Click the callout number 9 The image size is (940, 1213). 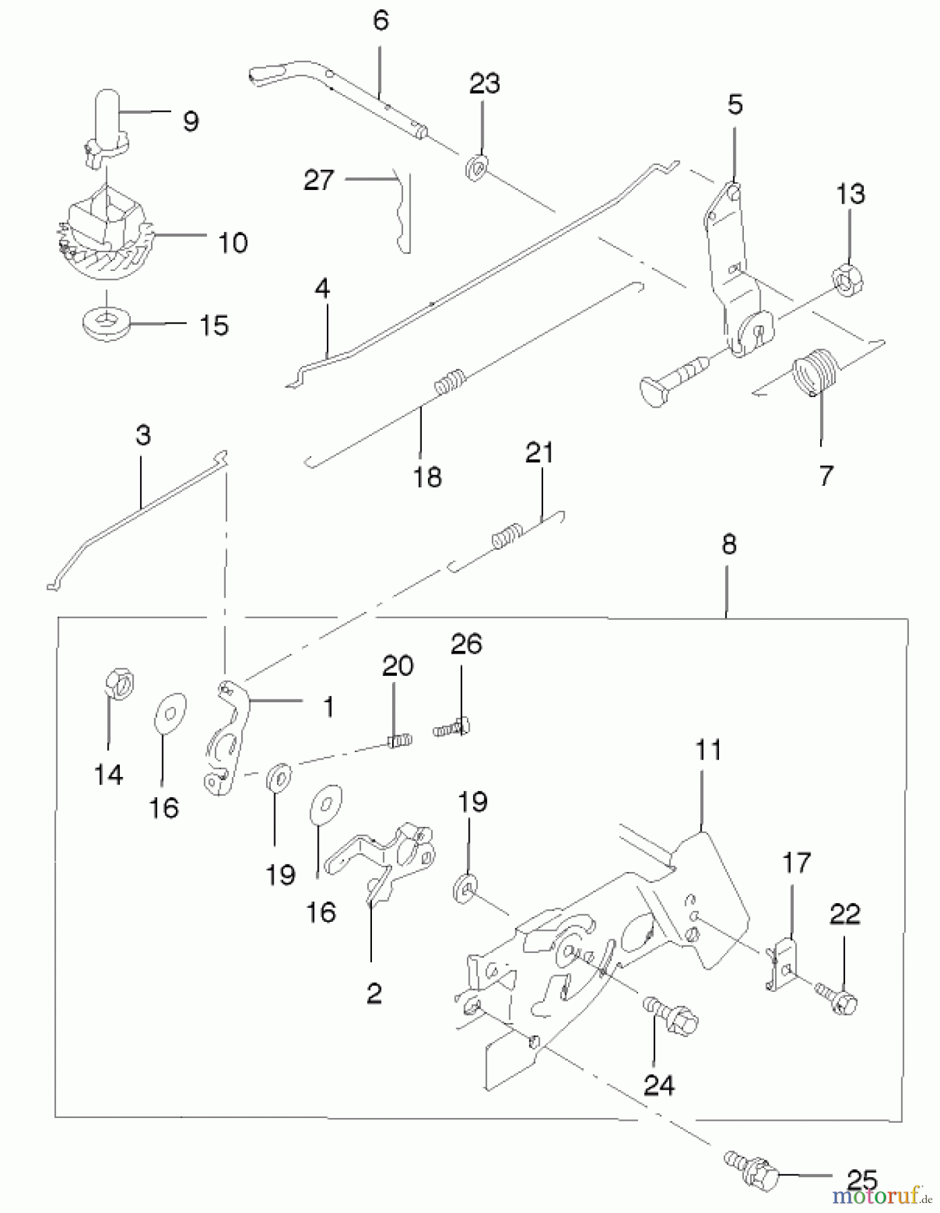[x=191, y=121]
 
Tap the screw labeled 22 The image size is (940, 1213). [x=836, y=997]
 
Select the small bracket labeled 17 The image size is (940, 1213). [x=782, y=964]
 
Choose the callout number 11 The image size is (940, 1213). [x=708, y=749]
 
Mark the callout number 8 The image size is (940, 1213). [x=729, y=544]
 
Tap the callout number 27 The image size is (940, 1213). [x=319, y=181]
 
